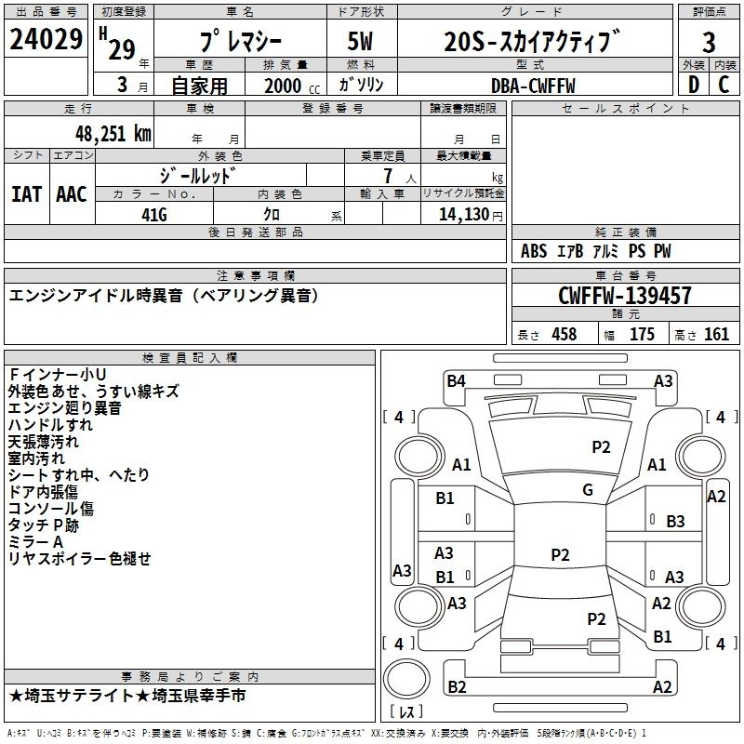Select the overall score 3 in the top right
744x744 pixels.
pyautogui.click(x=709, y=42)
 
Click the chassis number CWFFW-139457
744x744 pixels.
pyautogui.click(x=624, y=296)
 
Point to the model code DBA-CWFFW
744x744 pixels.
pyautogui.click(x=533, y=86)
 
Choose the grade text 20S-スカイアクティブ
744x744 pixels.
pyautogui.click(x=531, y=42)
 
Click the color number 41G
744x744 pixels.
pyautogui.click(x=153, y=214)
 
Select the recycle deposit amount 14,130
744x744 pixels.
pyautogui.click(x=463, y=214)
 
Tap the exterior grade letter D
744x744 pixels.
pyautogui.click(x=692, y=85)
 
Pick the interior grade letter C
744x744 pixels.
pyautogui.click(x=724, y=85)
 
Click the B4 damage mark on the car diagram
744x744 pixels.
pyautogui.click(x=456, y=380)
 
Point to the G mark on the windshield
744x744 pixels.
pyautogui.click(x=588, y=490)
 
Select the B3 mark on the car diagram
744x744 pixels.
pyautogui.click(x=675, y=522)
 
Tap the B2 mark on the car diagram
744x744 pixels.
pyautogui.click(x=457, y=687)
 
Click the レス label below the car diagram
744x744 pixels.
pyautogui.click(x=406, y=713)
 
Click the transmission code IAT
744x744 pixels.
pyautogui.click(x=26, y=194)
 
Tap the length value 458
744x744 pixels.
pyautogui.click(x=564, y=335)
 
